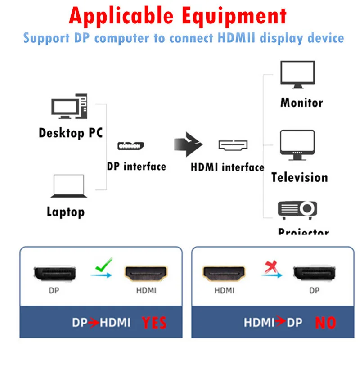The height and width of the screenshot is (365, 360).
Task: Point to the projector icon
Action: pyautogui.click(x=297, y=209)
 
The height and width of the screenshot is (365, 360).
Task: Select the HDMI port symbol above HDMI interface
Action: pyautogui.click(x=233, y=145)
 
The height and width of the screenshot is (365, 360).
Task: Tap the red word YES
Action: pyautogui.click(x=154, y=322)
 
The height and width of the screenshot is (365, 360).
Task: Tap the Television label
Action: pyautogui.click(x=300, y=177)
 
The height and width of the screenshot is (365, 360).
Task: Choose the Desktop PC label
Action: pyautogui.click(x=71, y=133)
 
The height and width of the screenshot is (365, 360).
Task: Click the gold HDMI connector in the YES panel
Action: pyautogui.click(x=146, y=273)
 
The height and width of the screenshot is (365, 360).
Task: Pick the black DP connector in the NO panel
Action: pyautogui.click(x=315, y=273)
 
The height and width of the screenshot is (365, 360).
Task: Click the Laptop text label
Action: pyautogui.click(x=66, y=211)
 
